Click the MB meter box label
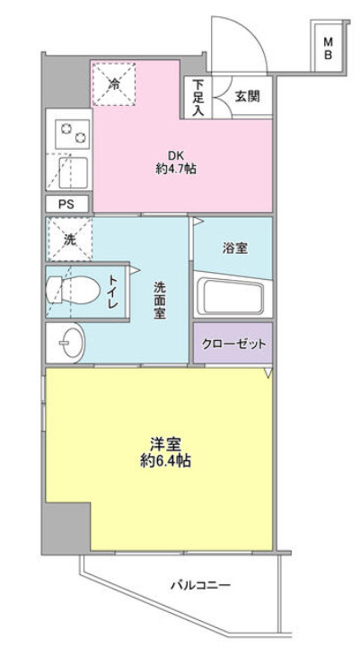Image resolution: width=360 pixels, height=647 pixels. coord(329,47)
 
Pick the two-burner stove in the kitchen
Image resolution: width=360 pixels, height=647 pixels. coord(71,136)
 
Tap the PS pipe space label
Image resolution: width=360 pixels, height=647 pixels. coord(66,204)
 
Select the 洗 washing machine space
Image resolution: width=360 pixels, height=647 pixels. coord(69,240)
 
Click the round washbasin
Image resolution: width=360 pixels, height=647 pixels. coord(67,341)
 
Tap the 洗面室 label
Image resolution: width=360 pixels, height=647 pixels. coord(160,303)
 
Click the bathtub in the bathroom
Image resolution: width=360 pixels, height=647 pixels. coord(232,295)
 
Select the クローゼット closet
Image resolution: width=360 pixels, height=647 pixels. coord(233,345)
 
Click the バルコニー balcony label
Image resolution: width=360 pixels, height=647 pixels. coord(201,587)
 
